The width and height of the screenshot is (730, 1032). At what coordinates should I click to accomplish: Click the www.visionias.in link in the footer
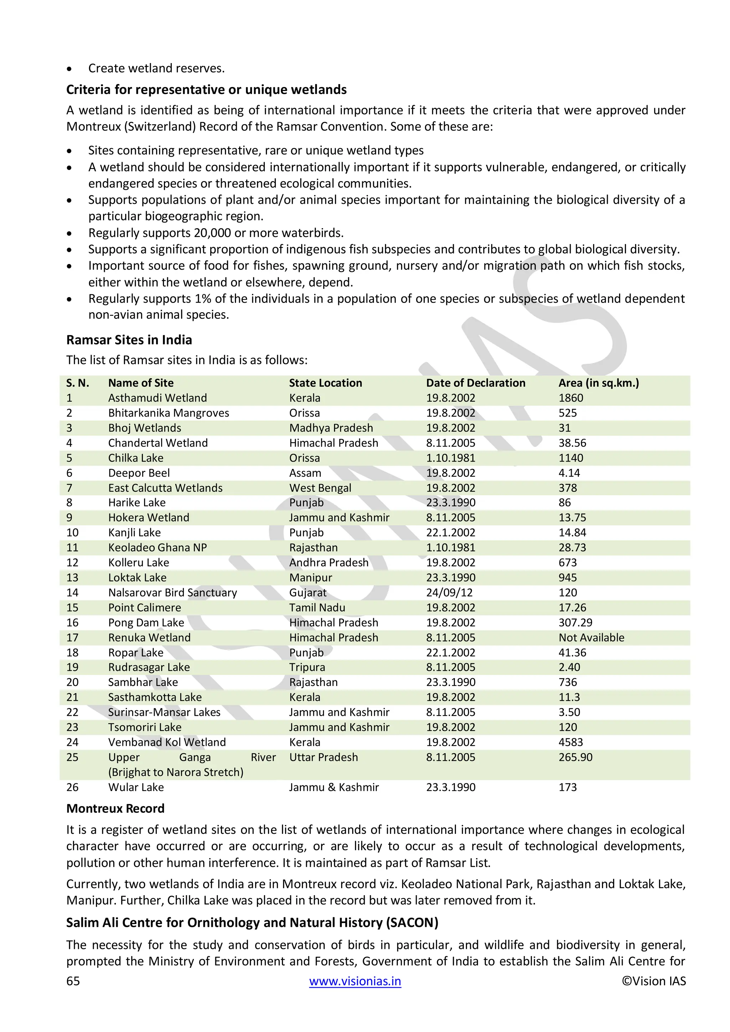(x=355, y=981)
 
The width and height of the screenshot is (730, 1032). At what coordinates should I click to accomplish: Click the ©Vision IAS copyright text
(x=654, y=981)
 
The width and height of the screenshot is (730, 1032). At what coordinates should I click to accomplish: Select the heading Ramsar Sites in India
(x=129, y=340)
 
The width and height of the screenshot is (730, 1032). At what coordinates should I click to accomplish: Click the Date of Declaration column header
(x=475, y=383)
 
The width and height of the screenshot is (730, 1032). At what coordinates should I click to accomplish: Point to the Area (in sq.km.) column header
(x=598, y=383)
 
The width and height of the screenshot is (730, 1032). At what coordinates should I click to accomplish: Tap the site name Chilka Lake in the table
(x=136, y=458)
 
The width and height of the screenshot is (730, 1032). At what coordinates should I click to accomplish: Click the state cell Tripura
(x=307, y=667)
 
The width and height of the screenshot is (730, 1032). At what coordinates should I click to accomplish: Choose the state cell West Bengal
(x=320, y=488)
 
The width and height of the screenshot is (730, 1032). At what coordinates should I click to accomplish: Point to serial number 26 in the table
(x=72, y=787)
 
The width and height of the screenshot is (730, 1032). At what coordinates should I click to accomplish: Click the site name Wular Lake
(x=136, y=787)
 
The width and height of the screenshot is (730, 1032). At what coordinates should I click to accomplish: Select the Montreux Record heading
(x=115, y=809)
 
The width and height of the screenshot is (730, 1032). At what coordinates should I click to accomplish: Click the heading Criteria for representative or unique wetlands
(x=206, y=90)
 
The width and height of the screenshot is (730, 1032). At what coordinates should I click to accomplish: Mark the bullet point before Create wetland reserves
(x=69, y=69)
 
